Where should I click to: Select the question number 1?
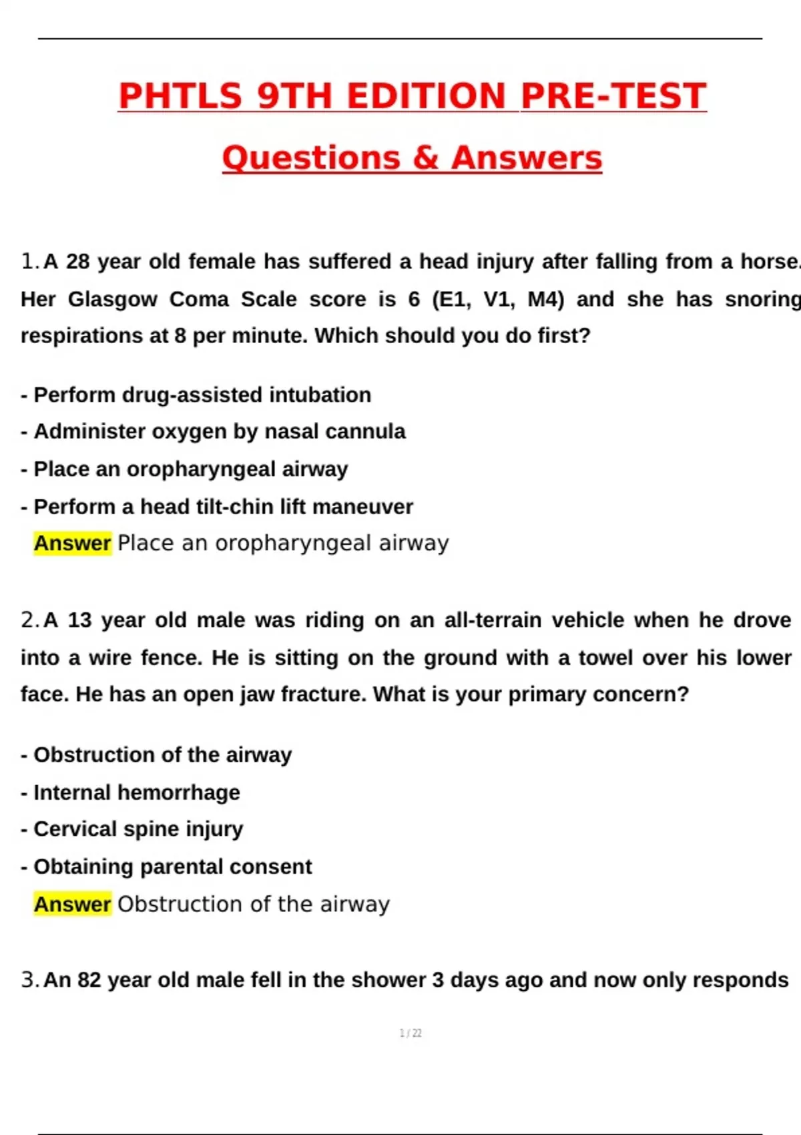click(29, 261)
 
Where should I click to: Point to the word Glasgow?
click(112, 298)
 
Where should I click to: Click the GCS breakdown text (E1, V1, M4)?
click(498, 298)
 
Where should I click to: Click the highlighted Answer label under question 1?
click(72, 543)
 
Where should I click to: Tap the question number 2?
click(29, 620)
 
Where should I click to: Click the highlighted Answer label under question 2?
click(72, 904)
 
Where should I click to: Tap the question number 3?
click(29, 980)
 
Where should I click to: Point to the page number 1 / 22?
click(411, 1034)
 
